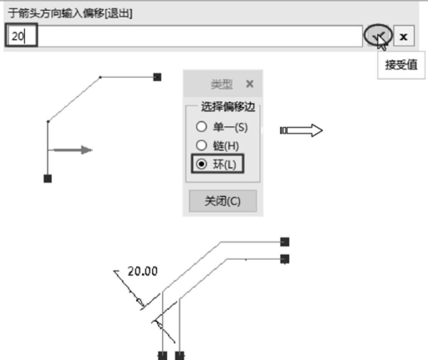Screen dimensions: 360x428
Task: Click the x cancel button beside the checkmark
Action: click(404, 36)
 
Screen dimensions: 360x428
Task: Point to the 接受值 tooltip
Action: click(401, 65)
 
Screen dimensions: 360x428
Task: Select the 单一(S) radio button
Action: click(199, 127)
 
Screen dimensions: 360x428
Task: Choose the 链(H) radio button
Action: click(199, 146)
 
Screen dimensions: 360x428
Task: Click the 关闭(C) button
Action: click(222, 201)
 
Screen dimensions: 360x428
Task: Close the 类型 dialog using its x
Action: click(250, 84)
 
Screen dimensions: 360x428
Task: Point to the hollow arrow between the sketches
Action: click(301, 131)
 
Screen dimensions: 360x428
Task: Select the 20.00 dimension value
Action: click(143, 271)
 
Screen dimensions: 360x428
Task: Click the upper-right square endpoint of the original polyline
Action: click(157, 77)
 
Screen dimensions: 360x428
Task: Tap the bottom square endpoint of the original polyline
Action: click(48, 178)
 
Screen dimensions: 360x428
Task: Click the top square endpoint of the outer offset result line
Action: click(285, 242)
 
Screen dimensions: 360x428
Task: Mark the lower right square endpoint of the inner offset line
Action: click(285, 259)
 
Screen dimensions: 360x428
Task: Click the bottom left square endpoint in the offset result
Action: click(162, 355)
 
